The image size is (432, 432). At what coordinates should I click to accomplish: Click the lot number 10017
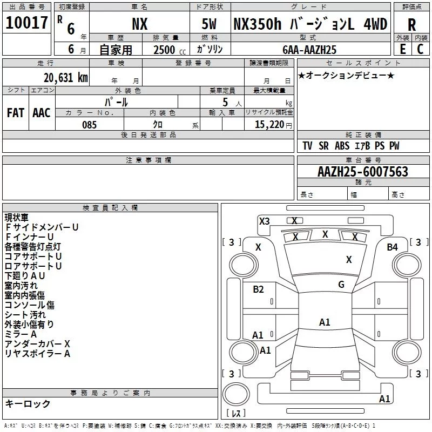pos(26,23)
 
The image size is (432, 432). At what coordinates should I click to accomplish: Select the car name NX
pos(140,24)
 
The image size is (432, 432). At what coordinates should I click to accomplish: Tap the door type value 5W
pos(209,24)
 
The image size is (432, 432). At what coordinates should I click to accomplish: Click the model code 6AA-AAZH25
pos(309,50)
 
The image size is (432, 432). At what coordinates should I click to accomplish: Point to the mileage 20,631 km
pos(66,78)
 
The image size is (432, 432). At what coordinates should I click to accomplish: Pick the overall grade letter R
pos(412,25)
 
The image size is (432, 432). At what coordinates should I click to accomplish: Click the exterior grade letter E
pos(403,49)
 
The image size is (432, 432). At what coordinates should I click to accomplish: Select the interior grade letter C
pos(420,49)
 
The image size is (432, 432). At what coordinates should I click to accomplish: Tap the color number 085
pos(90,125)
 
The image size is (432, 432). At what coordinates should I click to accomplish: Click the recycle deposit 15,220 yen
pos(273,125)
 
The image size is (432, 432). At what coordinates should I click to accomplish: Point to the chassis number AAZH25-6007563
pos(363,172)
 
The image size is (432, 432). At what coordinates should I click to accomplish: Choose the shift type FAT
pos(16,113)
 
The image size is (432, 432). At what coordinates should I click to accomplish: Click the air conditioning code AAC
pos(42,113)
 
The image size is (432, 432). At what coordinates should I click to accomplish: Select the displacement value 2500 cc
pos(170,50)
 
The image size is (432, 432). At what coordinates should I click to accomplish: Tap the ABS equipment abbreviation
pos(342,146)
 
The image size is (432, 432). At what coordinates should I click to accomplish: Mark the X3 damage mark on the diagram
pos(264,221)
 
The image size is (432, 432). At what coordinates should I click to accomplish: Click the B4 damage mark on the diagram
pos(393,247)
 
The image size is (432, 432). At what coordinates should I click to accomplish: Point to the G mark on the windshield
pos(341,285)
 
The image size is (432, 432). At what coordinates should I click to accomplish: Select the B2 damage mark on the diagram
pos(258,289)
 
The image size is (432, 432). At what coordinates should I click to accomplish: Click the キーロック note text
pos(28,404)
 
